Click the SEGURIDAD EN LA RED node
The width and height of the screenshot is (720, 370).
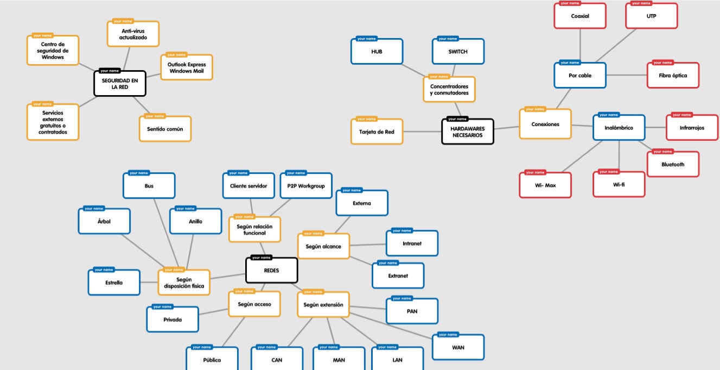[120, 84]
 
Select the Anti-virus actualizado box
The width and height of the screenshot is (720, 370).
[133, 34]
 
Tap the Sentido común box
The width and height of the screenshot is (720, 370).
[165, 129]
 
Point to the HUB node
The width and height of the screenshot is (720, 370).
[377, 52]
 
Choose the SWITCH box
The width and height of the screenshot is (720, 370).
[458, 52]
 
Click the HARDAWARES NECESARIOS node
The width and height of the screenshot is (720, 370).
[467, 132]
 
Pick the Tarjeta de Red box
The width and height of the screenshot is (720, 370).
[377, 132]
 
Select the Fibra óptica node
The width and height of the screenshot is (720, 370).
[673, 76]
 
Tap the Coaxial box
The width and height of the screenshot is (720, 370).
[580, 16]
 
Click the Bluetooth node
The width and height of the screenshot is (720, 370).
[673, 165]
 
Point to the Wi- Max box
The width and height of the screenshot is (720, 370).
[545, 186]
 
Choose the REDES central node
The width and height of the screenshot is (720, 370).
[271, 271]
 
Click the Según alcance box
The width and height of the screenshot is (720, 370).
[323, 247]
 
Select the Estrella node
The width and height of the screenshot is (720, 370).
[114, 283]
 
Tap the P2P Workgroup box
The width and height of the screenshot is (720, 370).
[306, 186]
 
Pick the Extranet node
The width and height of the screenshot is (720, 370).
[398, 276]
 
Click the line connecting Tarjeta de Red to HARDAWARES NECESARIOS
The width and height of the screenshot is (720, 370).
[423, 131]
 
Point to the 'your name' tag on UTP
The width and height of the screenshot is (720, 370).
[641, 3]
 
